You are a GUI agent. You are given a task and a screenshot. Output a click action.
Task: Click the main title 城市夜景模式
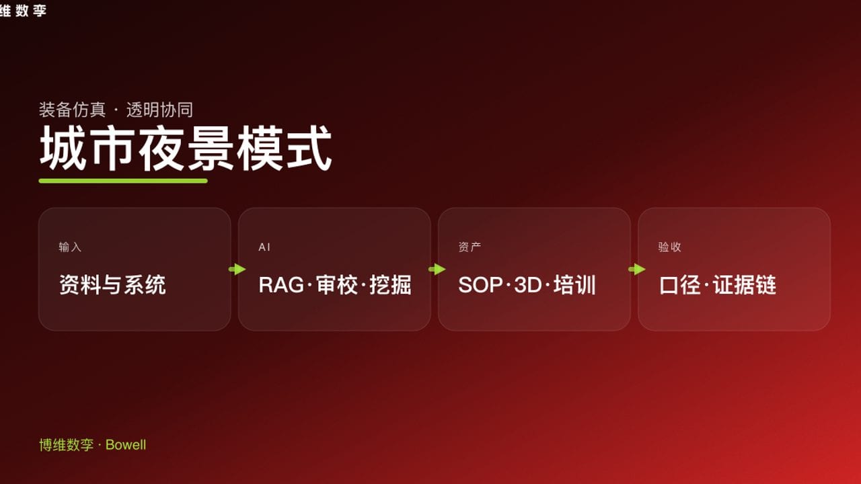click(186, 149)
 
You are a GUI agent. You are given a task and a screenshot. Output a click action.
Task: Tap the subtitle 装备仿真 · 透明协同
click(116, 110)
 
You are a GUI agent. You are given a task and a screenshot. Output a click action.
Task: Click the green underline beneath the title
click(123, 181)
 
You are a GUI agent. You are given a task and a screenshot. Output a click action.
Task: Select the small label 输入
click(70, 247)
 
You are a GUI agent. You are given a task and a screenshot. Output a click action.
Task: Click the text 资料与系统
click(112, 285)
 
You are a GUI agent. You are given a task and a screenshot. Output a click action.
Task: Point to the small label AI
click(264, 247)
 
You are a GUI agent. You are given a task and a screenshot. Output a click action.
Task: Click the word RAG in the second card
click(281, 285)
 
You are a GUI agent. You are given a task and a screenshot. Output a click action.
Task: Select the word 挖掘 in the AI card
click(390, 285)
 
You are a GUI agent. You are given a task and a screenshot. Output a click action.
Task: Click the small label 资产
click(470, 247)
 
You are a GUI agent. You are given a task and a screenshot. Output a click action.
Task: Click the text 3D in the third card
click(527, 285)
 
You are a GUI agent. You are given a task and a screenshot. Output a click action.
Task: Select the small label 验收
click(669, 247)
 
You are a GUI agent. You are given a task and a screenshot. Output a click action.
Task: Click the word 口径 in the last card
click(681, 285)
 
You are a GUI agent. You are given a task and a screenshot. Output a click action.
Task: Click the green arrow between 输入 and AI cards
click(237, 270)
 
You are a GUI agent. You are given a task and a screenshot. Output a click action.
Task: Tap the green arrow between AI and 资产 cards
click(437, 270)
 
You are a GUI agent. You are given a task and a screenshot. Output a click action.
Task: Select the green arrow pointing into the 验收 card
click(636, 270)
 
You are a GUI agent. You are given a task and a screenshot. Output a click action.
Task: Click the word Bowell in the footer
click(126, 445)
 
